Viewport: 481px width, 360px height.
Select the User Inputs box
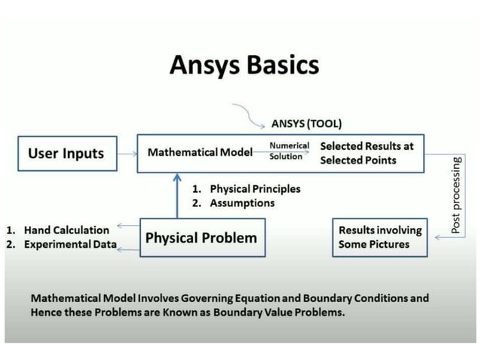(66, 154)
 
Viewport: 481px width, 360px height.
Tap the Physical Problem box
(201, 238)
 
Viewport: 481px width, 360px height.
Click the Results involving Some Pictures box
(381, 236)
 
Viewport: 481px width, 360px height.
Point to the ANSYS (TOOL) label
(306, 124)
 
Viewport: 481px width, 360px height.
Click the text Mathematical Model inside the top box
(200, 153)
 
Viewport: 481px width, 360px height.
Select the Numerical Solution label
(286, 151)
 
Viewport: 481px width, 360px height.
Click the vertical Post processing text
(457, 194)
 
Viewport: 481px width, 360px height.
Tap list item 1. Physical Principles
(246, 189)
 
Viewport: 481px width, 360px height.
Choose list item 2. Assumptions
(233, 203)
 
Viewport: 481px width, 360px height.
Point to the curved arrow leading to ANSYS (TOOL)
(248, 113)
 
